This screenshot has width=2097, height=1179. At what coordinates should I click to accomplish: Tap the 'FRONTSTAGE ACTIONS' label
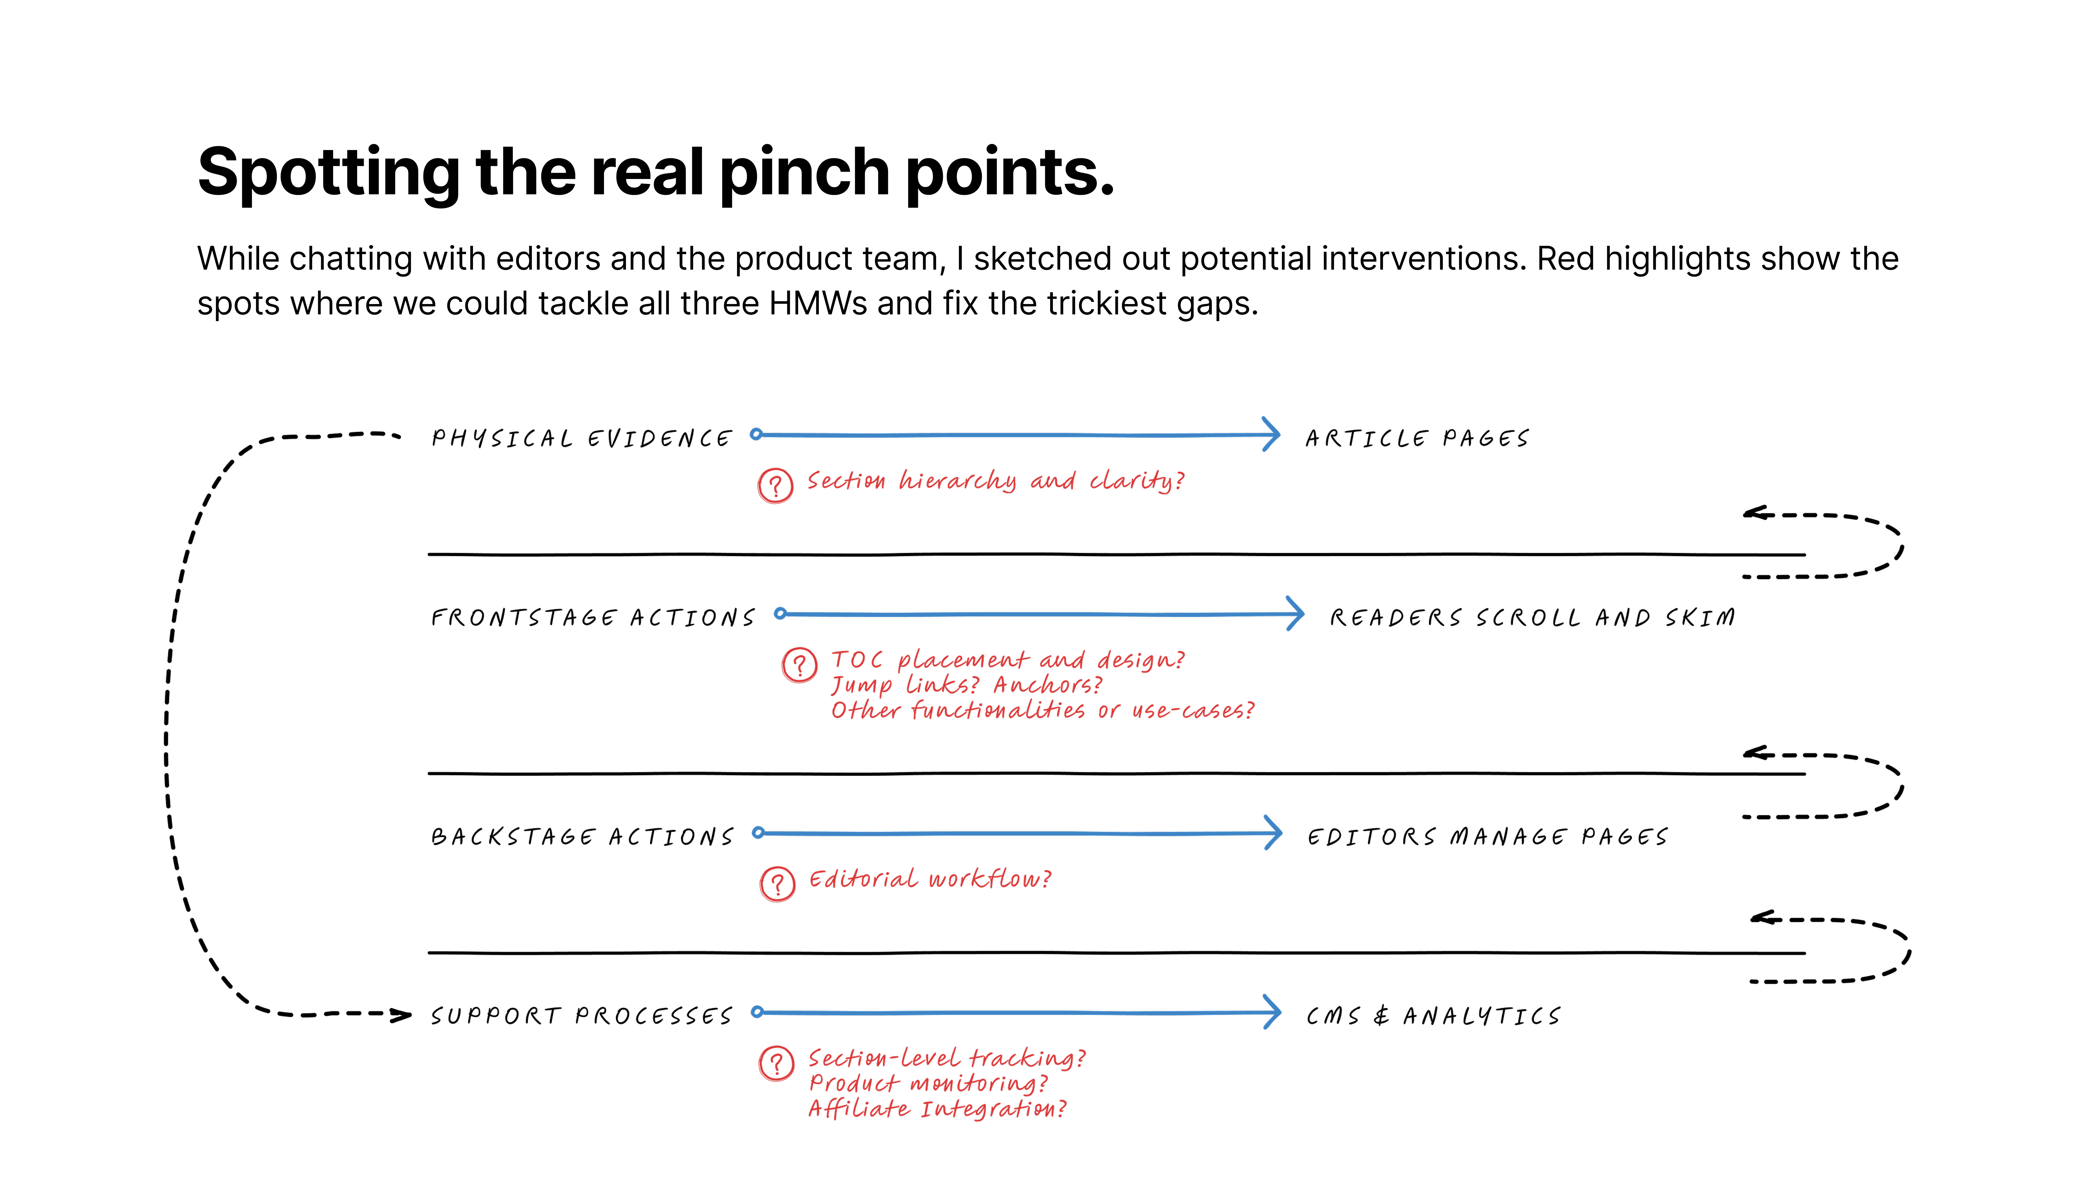(x=593, y=618)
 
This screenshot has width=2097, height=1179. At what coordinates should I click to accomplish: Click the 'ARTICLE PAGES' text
(x=1417, y=439)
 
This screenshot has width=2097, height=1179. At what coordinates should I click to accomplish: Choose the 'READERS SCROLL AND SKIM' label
(x=1532, y=618)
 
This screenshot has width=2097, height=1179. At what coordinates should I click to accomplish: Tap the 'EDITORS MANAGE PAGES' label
(x=1487, y=836)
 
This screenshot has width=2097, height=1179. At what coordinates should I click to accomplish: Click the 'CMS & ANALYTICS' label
(x=1433, y=1016)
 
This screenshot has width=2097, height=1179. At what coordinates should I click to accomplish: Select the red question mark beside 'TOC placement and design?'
(x=799, y=665)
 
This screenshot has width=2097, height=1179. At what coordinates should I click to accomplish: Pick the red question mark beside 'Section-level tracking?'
(x=777, y=1063)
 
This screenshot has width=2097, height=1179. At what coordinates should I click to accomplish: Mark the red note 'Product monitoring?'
(x=929, y=1083)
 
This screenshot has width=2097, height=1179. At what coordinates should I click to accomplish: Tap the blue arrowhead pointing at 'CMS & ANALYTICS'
(x=1272, y=1012)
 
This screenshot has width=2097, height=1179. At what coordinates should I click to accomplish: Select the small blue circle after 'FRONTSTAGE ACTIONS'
(x=780, y=614)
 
